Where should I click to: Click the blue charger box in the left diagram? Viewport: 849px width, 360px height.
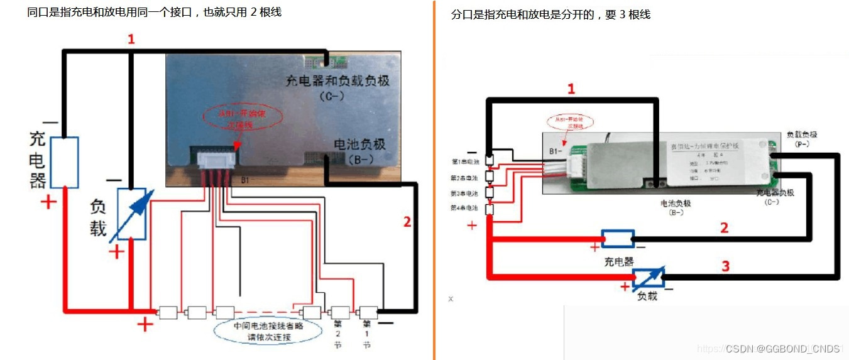tap(64, 162)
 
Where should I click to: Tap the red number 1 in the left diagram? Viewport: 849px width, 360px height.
tap(131, 40)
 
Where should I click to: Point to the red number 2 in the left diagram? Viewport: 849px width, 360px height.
tap(407, 221)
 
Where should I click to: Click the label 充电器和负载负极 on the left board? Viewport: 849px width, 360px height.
tap(337, 80)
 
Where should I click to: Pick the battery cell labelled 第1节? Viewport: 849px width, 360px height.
tap(368, 312)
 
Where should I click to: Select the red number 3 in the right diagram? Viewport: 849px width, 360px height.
tap(725, 266)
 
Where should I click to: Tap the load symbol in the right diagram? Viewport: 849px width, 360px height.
tap(647, 277)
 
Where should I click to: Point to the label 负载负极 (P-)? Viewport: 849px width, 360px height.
tap(802, 139)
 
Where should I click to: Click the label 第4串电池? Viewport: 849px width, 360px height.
tap(464, 208)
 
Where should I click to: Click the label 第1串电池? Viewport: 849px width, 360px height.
tap(464, 161)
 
